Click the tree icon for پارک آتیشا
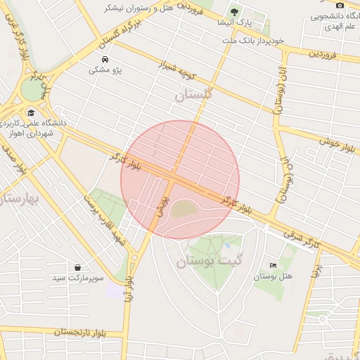click(234, 11)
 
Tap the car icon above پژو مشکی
click(105, 60)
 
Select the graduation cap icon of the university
click(31, 112)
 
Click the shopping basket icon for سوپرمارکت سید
click(77, 267)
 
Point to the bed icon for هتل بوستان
click(273, 265)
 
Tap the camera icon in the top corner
click(340, 5)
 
